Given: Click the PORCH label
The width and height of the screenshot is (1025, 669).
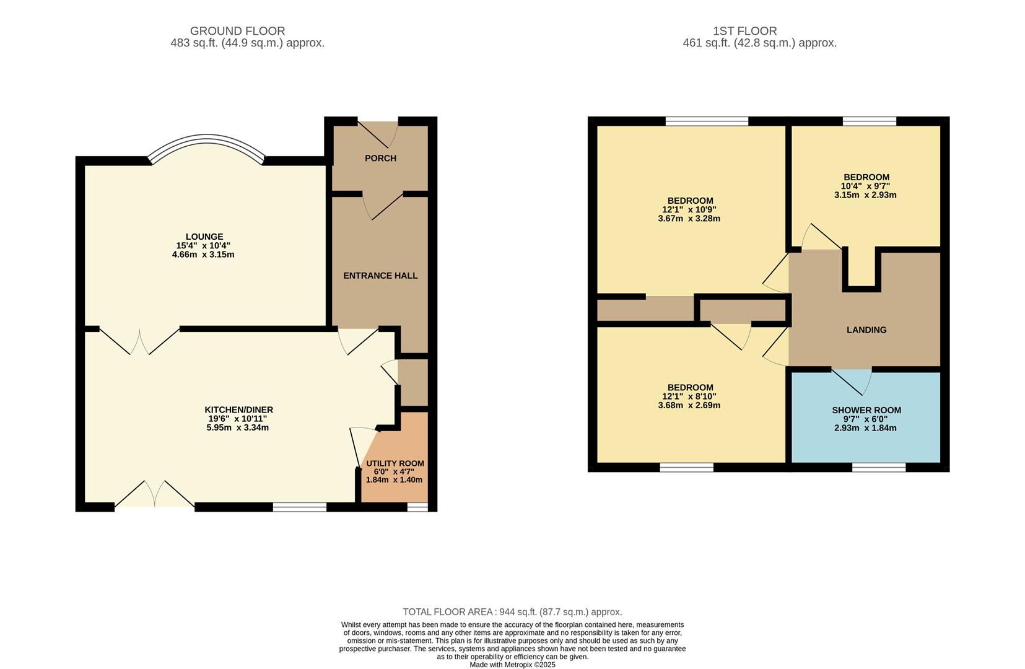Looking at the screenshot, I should [x=380, y=159].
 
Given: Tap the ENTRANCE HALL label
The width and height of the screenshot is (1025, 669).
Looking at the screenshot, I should [x=380, y=276].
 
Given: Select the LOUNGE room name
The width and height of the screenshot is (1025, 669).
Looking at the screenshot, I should [x=204, y=237].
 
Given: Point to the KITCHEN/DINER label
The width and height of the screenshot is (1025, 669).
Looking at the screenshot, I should [x=238, y=410].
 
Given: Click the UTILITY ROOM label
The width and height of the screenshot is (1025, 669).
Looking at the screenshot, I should [x=395, y=463].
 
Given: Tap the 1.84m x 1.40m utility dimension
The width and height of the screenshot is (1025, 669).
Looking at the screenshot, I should [x=394, y=480].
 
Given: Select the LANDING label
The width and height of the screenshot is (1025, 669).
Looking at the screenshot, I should [x=866, y=330].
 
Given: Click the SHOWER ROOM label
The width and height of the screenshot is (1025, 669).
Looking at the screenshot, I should [x=866, y=410].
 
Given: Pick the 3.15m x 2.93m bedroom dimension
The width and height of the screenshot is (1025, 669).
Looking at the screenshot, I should [x=865, y=195].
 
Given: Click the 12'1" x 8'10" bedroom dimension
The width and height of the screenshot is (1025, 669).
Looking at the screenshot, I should [x=689, y=396].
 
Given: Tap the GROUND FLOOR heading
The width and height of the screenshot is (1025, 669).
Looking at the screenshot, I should [x=237, y=31].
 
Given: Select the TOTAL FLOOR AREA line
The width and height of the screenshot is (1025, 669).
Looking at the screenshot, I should [x=512, y=612].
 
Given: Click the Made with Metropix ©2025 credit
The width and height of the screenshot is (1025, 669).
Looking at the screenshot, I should [x=512, y=665].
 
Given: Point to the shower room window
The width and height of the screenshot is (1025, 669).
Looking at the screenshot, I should [x=879, y=468].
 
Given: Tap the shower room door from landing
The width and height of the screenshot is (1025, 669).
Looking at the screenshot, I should [x=852, y=379].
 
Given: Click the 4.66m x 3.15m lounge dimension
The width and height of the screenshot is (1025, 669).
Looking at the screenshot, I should [x=203, y=255].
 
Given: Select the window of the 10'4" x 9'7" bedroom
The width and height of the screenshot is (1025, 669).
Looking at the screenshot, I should [x=869, y=121].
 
